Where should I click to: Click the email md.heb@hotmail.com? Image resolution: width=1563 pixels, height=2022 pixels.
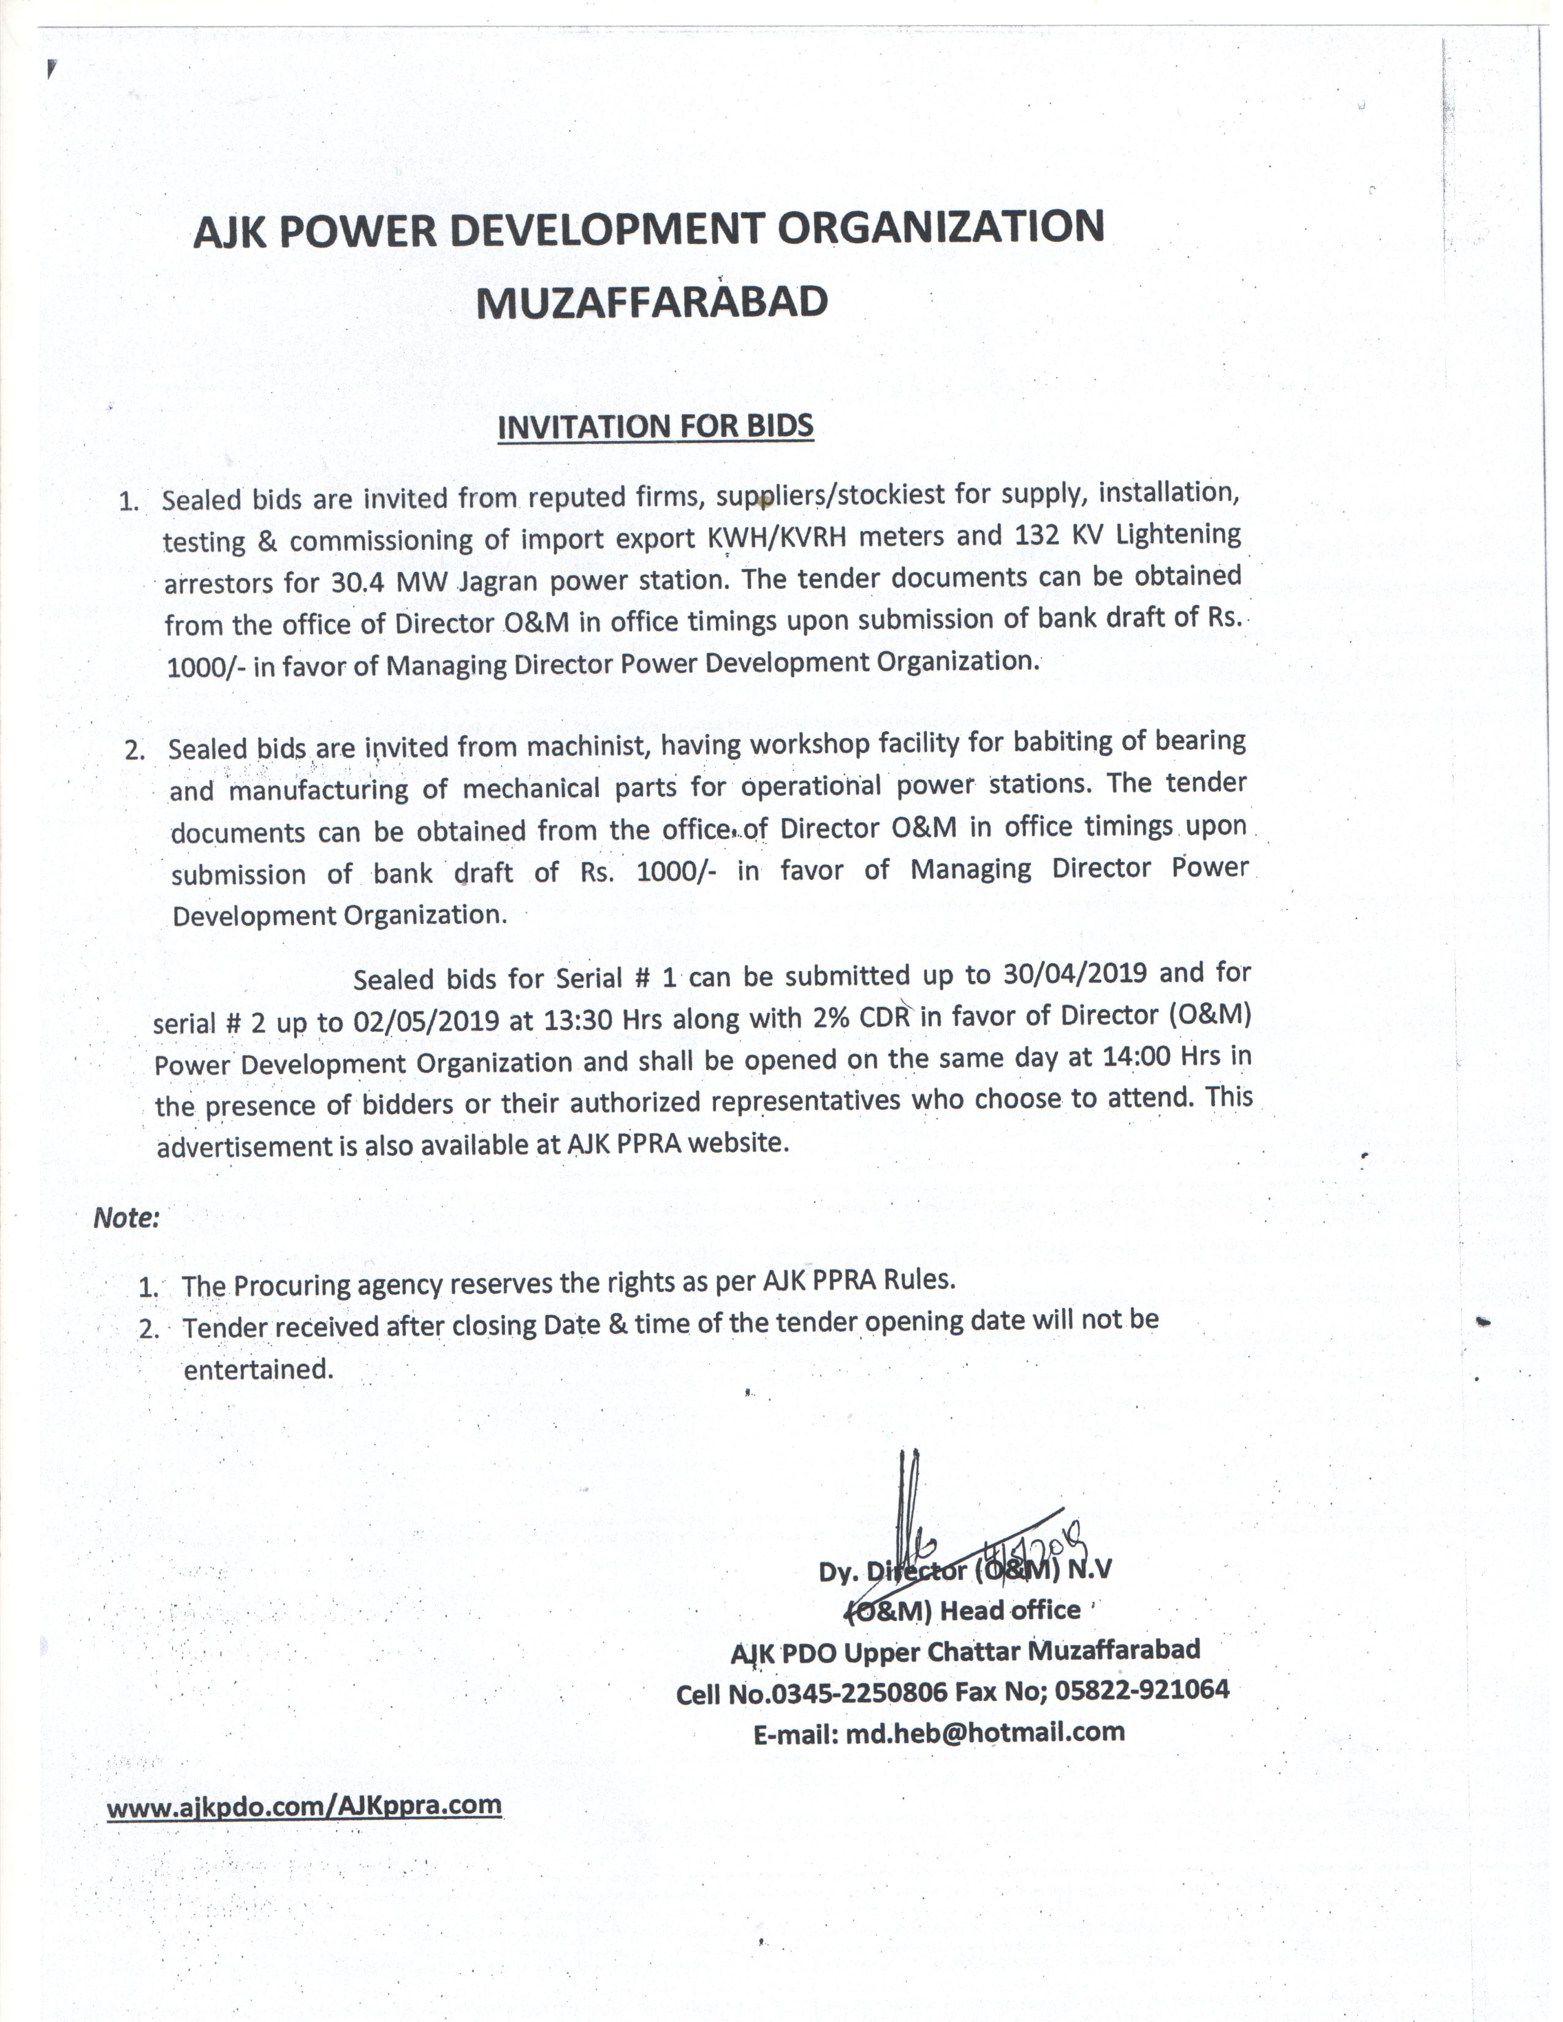984,1732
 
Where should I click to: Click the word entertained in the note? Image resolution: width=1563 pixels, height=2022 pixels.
257,1368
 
